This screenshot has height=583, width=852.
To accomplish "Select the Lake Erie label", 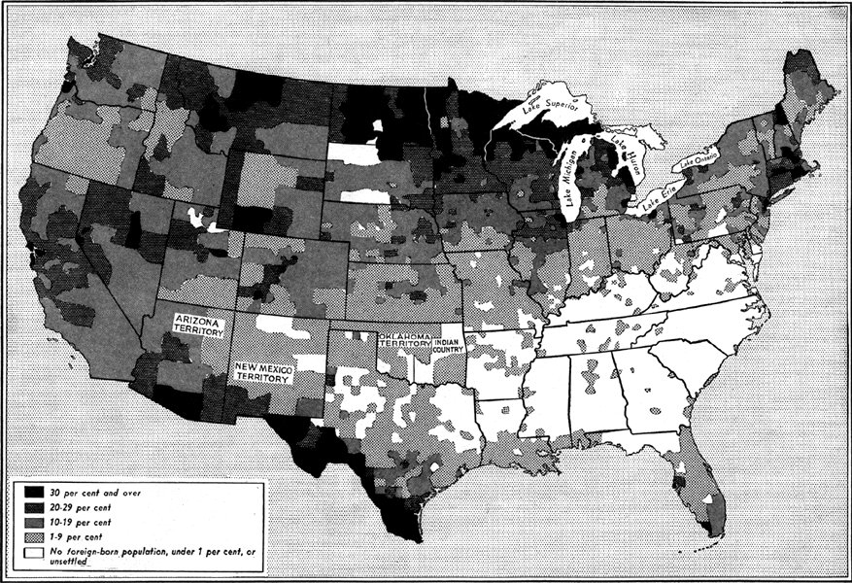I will click(657, 194).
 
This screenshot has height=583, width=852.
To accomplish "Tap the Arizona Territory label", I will click(201, 326).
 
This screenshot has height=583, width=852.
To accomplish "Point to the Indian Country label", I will click(449, 346).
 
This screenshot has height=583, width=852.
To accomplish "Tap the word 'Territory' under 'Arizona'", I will click(201, 331).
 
